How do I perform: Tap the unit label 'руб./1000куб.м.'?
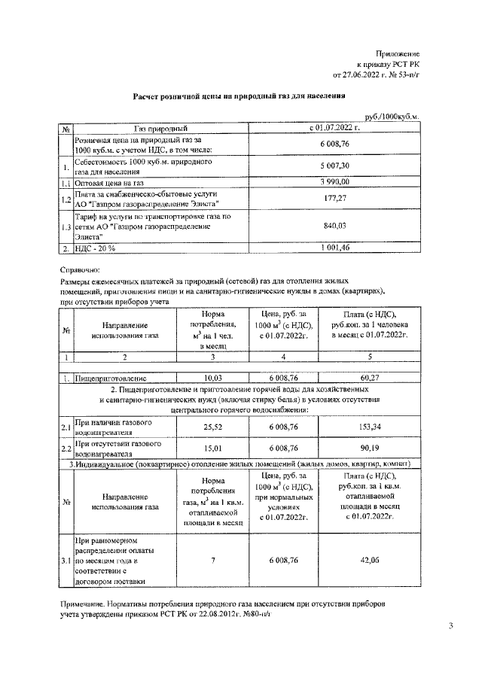tap(392, 118)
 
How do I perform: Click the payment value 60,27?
tap(370, 378)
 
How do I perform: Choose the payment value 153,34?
tap(370, 427)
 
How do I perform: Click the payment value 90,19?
tap(370, 448)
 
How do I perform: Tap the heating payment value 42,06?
tap(370, 561)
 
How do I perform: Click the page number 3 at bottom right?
tap(450, 625)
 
